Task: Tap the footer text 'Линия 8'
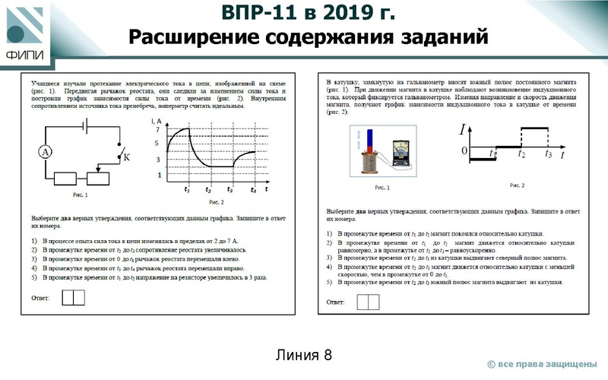point(304,354)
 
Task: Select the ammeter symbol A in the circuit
point(46,152)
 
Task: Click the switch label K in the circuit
point(127,157)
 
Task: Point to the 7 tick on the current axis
point(158,131)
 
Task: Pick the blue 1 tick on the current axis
point(159,175)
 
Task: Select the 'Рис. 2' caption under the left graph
point(216,202)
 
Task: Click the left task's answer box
point(73,296)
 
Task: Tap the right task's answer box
point(367,302)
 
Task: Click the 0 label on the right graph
point(464,150)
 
